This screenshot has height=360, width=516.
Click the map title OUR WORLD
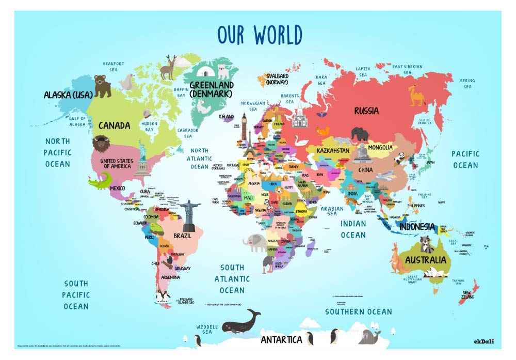(260, 35)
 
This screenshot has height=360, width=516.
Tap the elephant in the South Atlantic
(256, 242)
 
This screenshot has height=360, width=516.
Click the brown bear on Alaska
(102, 86)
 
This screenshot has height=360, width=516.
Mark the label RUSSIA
(366, 111)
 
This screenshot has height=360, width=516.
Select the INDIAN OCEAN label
(353, 229)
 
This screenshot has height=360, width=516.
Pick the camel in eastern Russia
(416, 95)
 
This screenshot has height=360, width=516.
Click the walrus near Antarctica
(369, 336)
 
